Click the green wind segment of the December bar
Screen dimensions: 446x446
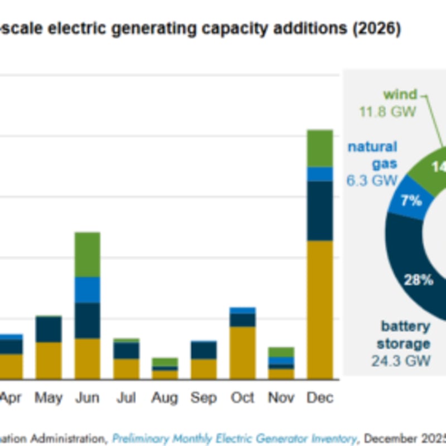(319, 148)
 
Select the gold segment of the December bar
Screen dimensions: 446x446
(319, 309)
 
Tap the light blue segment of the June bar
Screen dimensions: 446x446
(87, 290)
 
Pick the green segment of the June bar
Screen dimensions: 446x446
(87, 254)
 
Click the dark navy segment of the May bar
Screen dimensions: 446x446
(49, 329)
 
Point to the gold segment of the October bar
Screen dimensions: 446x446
(243, 352)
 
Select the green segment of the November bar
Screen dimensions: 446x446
(281, 352)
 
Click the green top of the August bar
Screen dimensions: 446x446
(164, 362)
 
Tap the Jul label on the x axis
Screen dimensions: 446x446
(127, 398)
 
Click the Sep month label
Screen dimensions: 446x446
(203, 398)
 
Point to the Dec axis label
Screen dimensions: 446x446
(320, 398)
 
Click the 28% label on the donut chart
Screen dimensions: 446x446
(419, 280)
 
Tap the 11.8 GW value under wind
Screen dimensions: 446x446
(387, 111)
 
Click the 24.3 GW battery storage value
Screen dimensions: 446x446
(401, 361)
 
